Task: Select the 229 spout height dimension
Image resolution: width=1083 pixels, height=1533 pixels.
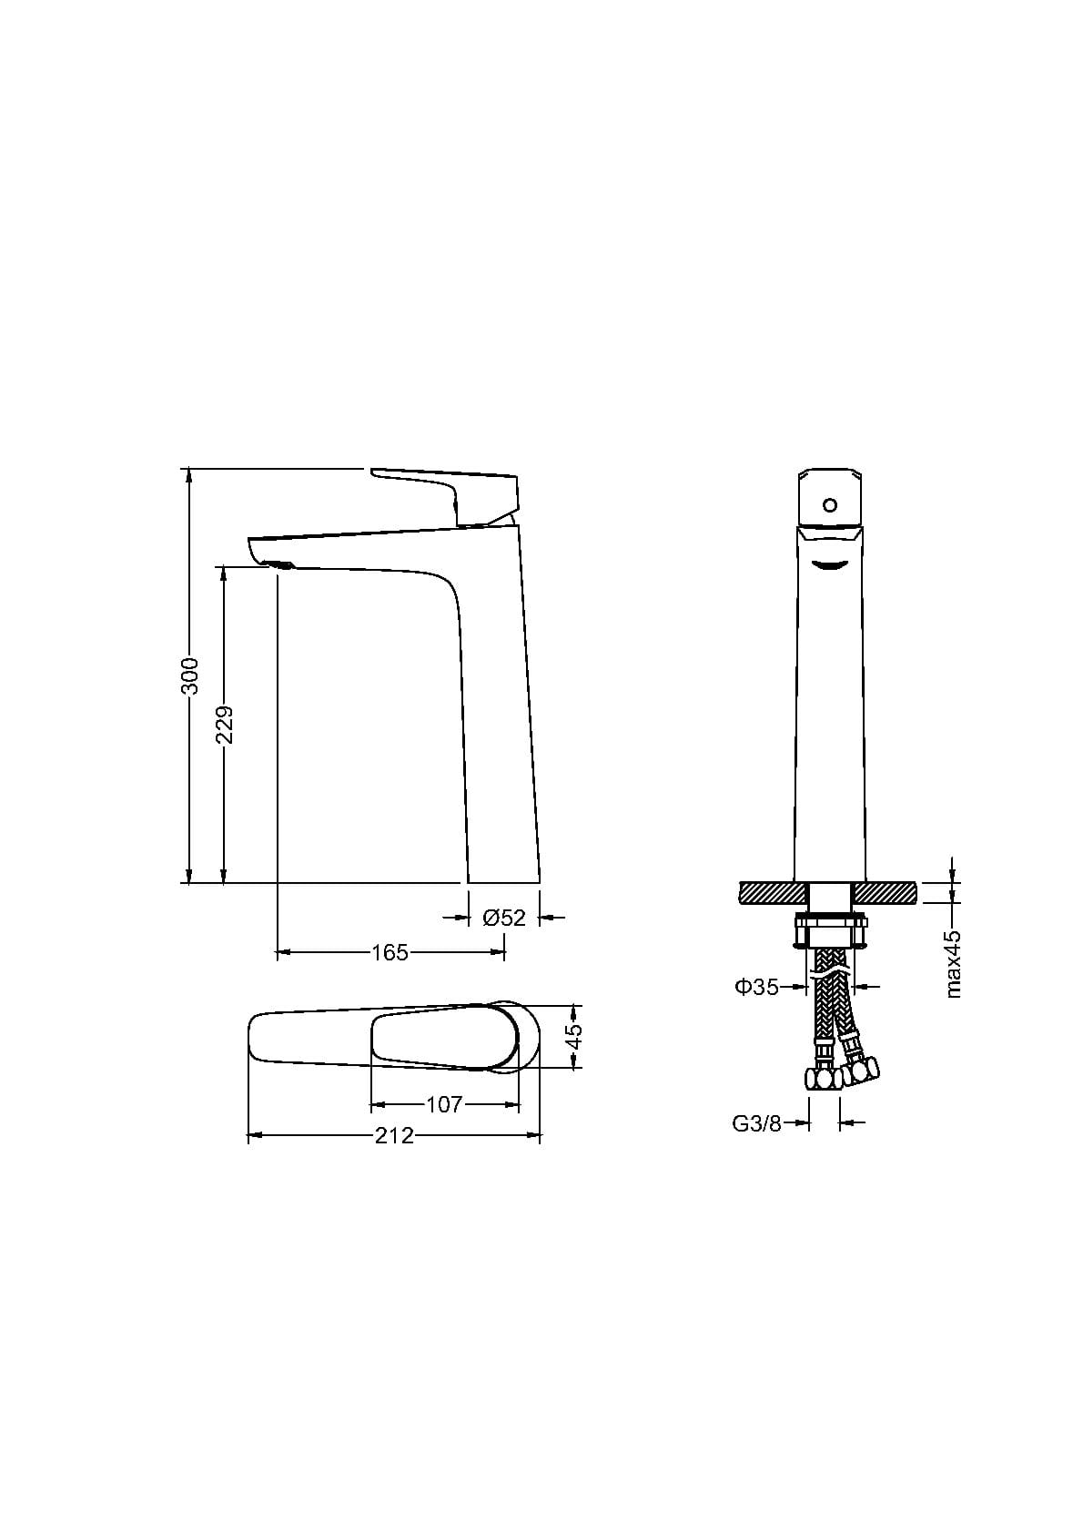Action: click(x=225, y=725)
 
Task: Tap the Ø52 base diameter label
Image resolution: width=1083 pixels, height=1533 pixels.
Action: click(x=504, y=917)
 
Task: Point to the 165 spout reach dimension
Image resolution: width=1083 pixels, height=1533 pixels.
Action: click(x=390, y=952)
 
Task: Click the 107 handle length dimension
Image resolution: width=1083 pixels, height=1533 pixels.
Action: click(x=445, y=1104)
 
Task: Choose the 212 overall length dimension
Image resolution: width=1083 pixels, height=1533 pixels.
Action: click(x=395, y=1136)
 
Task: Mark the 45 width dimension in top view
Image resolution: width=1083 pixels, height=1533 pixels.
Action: click(x=574, y=1036)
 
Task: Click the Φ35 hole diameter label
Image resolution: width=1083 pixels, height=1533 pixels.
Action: click(x=756, y=987)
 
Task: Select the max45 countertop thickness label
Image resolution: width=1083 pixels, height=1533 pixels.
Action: click(x=953, y=963)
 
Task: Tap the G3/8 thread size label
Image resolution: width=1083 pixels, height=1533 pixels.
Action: click(x=756, y=1123)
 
